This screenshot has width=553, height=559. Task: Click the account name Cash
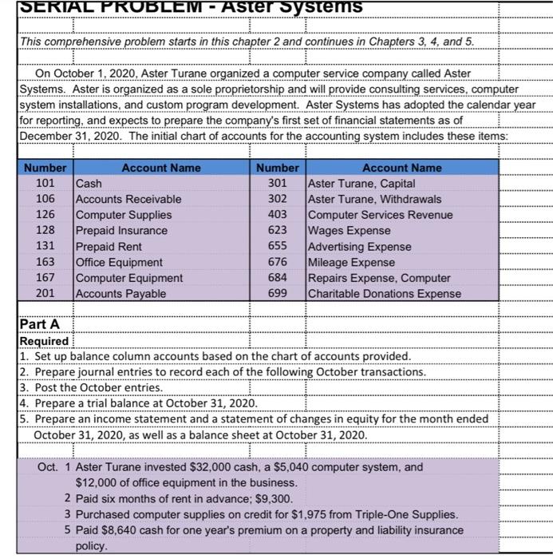[89, 183]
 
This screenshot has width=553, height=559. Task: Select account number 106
[45, 199]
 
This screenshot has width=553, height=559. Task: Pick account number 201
[45, 293]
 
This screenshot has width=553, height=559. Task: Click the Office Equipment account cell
[119, 262]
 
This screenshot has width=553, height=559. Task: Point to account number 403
[277, 215]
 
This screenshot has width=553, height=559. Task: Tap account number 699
[277, 293]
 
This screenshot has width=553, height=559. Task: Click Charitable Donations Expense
[384, 293]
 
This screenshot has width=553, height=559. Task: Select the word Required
[44, 341]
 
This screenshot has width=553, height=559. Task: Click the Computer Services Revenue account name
[380, 215]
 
